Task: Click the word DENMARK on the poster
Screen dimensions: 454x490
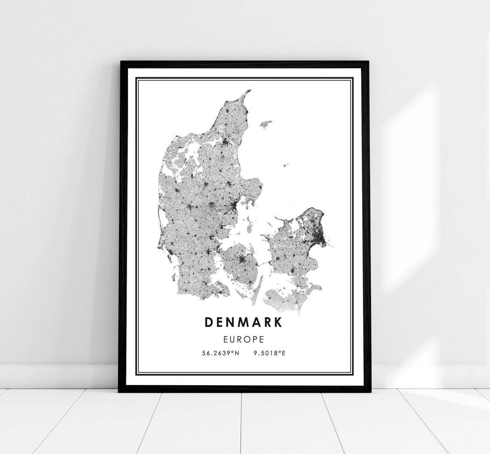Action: (244, 322)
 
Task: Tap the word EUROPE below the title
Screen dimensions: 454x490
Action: (244, 339)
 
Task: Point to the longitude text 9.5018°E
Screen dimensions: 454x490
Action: (269, 353)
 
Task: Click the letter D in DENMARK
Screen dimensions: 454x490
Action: (209, 322)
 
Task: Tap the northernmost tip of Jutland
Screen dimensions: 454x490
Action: (249, 91)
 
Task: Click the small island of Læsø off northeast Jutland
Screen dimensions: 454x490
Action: (266, 124)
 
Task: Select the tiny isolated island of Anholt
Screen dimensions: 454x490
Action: (286, 165)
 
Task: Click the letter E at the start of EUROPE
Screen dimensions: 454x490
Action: (227, 339)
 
